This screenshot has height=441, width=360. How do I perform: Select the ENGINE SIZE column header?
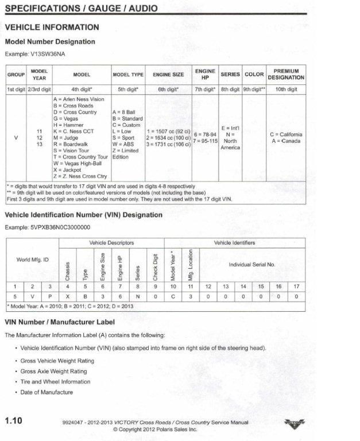pos(168,75)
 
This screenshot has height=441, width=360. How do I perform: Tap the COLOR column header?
pos(254,75)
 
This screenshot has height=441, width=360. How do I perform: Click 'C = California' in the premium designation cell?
pos(286,135)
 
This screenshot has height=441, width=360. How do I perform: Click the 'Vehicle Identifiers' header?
pos(234,242)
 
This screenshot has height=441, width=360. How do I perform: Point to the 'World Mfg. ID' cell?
pos(32,260)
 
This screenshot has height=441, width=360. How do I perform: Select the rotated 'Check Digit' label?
pos(155,264)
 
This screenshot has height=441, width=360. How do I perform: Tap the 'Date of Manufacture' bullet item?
pos(47,392)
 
